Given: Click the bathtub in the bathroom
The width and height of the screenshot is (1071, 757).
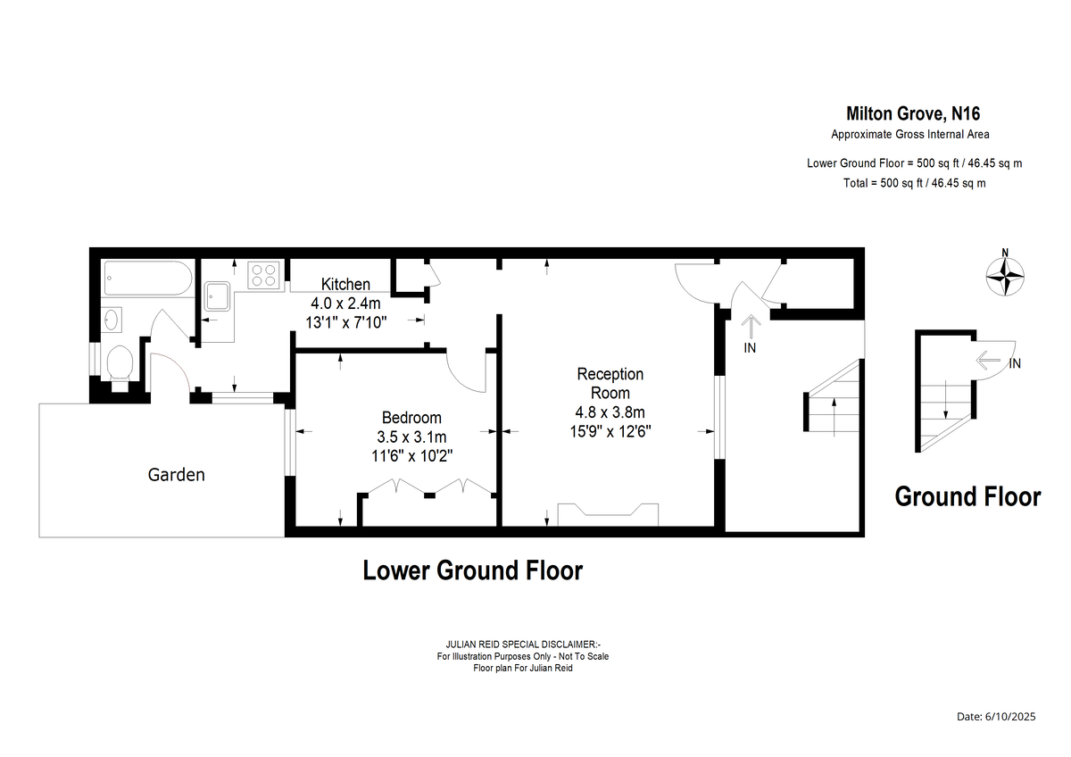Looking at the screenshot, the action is pyautogui.click(x=148, y=278).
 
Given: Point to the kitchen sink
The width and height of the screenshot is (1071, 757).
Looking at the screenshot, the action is pyautogui.click(x=218, y=296).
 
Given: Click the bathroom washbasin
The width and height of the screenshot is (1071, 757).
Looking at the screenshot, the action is pyautogui.click(x=112, y=320).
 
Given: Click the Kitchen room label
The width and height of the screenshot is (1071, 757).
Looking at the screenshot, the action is pyautogui.click(x=345, y=284).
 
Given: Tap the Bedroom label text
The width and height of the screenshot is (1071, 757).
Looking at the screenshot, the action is pyautogui.click(x=411, y=418).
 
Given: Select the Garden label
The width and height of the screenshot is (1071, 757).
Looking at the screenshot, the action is pyautogui.click(x=176, y=474).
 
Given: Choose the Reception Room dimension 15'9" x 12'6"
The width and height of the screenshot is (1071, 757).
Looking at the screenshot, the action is pyautogui.click(x=610, y=432).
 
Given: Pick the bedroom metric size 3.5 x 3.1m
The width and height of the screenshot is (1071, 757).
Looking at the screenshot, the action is pyautogui.click(x=411, y=437).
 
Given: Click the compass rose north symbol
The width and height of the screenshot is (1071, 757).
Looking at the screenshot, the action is pyautogui.click(x=1005, y=276).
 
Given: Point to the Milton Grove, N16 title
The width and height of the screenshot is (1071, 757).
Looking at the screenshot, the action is pyautogui.click(x=913, y=113).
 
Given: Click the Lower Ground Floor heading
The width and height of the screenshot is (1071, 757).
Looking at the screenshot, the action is pyautogui.click(x=473, y=570).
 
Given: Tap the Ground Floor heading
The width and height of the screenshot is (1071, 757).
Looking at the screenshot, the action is pyautogui.click(x=967, y=496).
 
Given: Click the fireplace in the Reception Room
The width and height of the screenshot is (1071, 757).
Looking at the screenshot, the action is pyautogui.click(x=608, y=514).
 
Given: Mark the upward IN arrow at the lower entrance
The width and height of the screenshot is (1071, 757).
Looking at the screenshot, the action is pyautogui.click(x=751, y=327).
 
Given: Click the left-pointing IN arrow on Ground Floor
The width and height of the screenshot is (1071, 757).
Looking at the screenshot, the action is pyautogui.click(x=988, y=360).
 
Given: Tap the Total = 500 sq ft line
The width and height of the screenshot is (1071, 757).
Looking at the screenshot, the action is pyautogui.click(x=914, y=183).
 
